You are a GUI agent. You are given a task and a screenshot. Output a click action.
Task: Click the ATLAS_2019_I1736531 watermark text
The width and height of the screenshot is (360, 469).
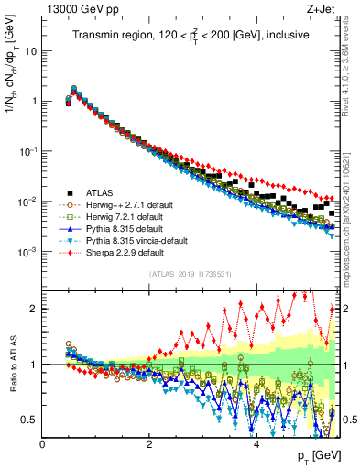coord(191,275)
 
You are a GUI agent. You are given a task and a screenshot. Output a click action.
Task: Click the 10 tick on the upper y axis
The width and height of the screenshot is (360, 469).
coord(33,51)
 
